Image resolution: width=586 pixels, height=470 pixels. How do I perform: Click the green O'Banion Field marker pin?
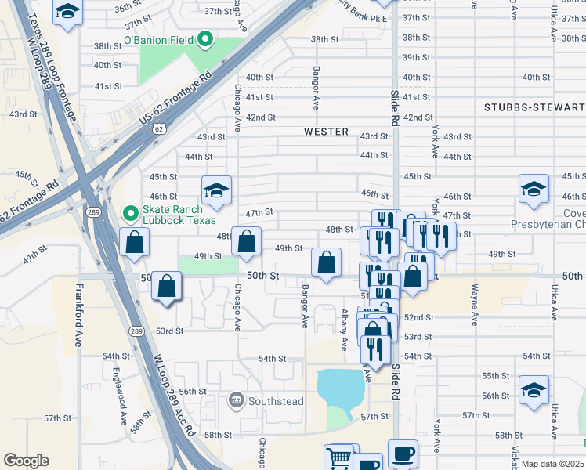point(205,38)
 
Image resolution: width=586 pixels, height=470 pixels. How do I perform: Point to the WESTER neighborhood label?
point(326,132)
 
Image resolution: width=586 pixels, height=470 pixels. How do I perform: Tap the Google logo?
point(26,461)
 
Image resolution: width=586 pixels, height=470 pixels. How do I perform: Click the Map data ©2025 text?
point(552,464)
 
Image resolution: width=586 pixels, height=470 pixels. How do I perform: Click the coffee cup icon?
point(403,453)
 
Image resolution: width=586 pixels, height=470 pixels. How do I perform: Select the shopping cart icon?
point(339,457)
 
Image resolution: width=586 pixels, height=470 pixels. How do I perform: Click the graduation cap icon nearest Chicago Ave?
point(216,190)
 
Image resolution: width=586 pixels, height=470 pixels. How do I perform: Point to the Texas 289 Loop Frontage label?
point(55,63)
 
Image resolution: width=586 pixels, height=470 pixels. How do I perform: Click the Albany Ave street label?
point(344,329)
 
